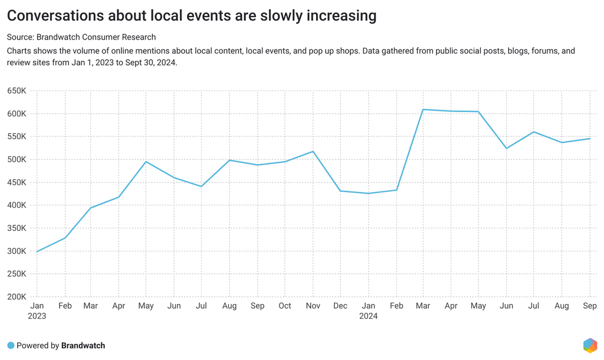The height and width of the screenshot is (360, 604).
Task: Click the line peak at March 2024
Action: pos(423,109)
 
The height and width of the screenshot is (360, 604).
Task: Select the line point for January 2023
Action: pos(37,252)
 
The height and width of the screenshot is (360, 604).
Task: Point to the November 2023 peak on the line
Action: pos(313,151)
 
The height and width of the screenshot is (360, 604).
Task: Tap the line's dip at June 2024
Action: pos(506,148)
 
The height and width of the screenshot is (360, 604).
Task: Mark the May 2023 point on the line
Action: pos(146,162)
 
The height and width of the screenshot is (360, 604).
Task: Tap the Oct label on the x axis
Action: pos(285,306)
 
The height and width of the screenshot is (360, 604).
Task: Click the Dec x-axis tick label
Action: pos(340,306)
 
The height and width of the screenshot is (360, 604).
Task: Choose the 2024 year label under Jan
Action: pos(368,316)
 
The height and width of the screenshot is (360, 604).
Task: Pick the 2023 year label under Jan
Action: pos(37,316)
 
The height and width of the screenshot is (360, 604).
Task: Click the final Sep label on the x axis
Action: pos(590,306)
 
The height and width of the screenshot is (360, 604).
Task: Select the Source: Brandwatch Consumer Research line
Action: pos(81,37)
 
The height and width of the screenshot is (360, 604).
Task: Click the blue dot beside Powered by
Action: pos(11,345)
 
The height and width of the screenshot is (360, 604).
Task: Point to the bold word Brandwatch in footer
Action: pos(83,345)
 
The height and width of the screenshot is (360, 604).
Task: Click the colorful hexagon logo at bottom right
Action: pos(589,345)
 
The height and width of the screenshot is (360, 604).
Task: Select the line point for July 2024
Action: pos(534,132)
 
